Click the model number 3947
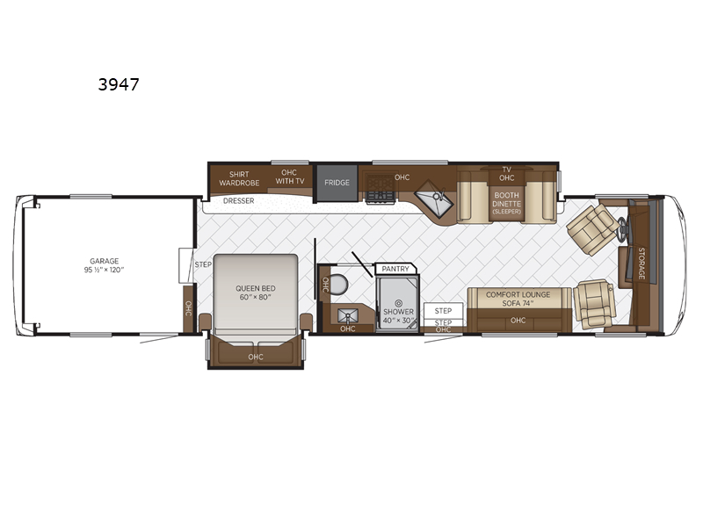click(x=119, y=84)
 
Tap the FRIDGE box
click(x=337, y=183)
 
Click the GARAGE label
click(x=104, y=261)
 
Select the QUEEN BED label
click(x=256, y=288)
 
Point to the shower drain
click(x=399, y=303)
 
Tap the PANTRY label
click(x=395, y=269)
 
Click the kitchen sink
click(x=433, y=199)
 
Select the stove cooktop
click(x=380, y=188)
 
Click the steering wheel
click(x=622, y=227)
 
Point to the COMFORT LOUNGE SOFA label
click(x=518, y=299)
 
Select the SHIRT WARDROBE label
click(x=239, y=178)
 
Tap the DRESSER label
click(x=238, y=201)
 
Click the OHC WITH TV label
click(x=290, y=177)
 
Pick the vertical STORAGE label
click(x=641, y=263)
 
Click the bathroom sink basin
click(x=348, y=316)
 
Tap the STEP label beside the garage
click(x=203, y=264)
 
